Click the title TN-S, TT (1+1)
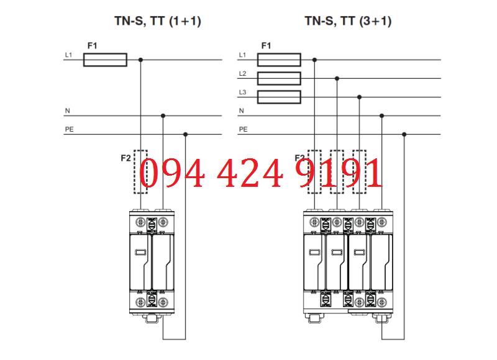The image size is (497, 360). pos(158,21)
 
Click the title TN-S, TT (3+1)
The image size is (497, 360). pos(347,21)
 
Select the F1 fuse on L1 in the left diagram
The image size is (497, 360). pos(105,60)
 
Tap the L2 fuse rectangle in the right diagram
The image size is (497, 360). pos(279,78)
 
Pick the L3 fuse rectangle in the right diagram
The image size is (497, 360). pos(279,97)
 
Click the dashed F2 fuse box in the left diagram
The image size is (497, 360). pos(141,171)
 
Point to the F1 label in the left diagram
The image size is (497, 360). pos(92,46)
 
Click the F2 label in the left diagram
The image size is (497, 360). pos(125,158)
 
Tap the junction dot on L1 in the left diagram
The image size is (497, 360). pos(141,60)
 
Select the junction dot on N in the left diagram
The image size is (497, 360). pos(163,115)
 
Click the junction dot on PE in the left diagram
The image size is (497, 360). pos(186,134)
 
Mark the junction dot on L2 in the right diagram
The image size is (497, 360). pos(337,78)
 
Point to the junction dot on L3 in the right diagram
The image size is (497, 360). pos(360,97)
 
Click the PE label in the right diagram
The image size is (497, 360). pos(243,130)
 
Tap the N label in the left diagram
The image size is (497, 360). pos(67,111)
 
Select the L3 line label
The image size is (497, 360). pos(243,92)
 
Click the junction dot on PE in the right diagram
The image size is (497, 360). pos(404,134)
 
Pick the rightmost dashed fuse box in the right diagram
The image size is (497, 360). pos(360,171)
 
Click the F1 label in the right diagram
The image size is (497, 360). pos(266,46)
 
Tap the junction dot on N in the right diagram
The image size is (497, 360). pos(382,115)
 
